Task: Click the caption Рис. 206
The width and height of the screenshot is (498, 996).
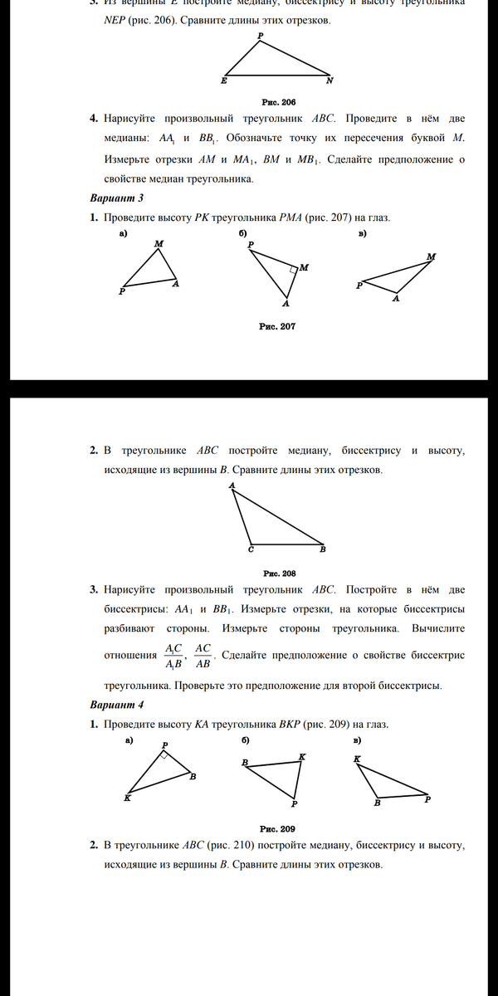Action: [279, 101]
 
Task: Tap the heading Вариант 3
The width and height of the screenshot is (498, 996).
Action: [117, 198]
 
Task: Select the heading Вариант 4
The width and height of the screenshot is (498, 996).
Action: [117, 705]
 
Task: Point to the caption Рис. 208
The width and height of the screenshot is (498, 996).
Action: [280, 573]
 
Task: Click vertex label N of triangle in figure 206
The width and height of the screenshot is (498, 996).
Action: [329, 81]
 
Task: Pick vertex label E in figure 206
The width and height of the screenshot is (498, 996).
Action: [223, 81]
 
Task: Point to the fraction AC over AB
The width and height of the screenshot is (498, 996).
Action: [203, 656]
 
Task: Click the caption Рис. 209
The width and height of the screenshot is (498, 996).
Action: [277, 828]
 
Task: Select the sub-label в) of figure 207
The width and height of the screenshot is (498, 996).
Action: [362, 234]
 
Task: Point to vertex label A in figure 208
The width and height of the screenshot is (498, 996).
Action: [232, 485]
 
